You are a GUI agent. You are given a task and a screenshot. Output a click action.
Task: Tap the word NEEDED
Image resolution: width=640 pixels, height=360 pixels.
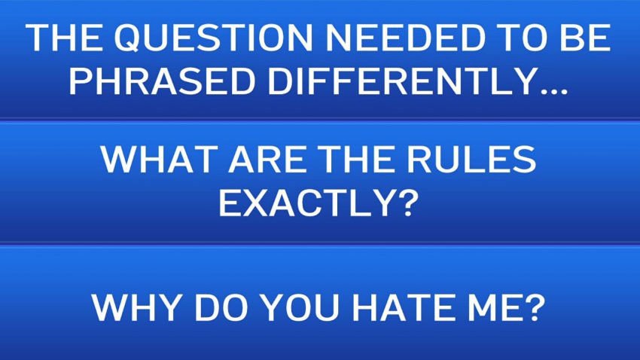[405, 38]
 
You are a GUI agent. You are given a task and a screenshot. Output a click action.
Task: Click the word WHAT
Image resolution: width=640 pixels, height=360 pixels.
[159, 159]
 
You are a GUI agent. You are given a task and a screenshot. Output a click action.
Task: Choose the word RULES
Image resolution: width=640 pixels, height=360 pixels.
[471, 159]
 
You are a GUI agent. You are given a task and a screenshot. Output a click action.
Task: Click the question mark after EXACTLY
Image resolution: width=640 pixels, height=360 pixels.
[408, 203]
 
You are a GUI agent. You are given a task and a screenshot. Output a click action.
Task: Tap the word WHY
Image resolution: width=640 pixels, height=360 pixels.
[136, 307]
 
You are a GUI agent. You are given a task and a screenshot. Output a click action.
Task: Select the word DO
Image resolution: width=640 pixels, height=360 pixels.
[221, 307]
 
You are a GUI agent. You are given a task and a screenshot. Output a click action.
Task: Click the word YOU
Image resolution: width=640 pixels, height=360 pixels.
[299, 307]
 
